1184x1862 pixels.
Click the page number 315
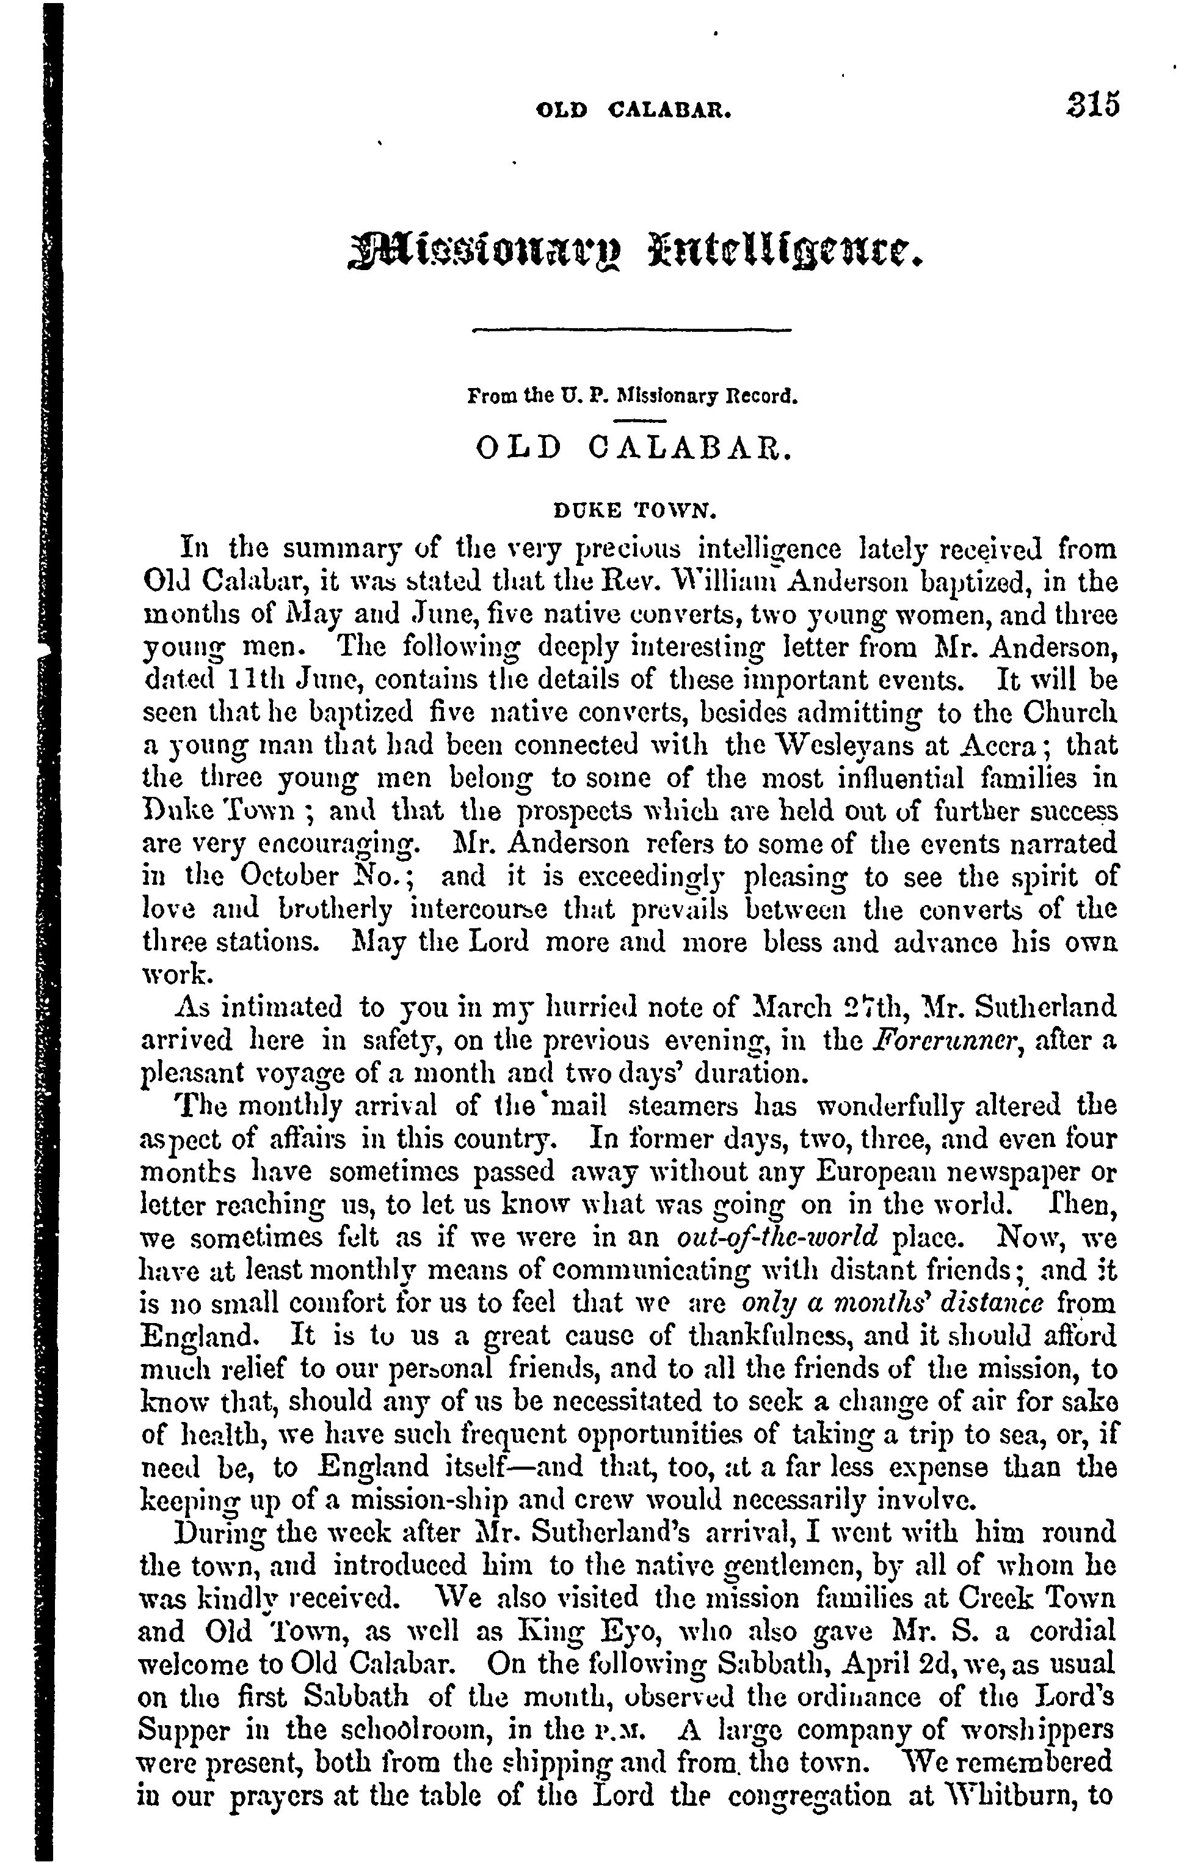(x=1088, y=103)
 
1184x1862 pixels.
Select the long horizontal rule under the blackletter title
(x=631, y=331)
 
